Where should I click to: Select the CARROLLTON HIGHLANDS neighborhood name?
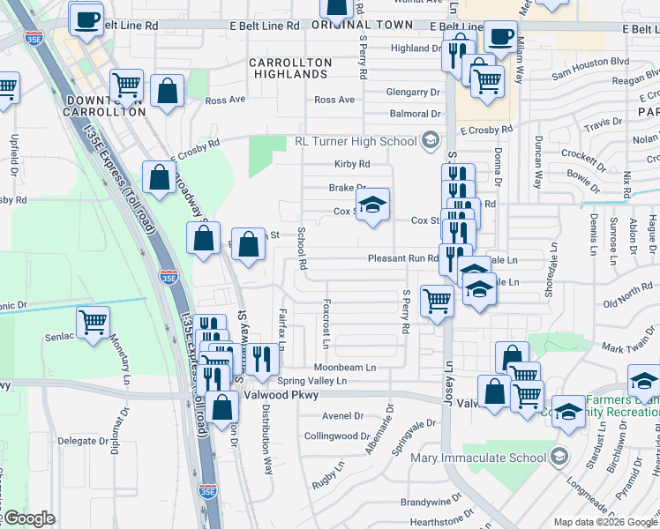[290, 69]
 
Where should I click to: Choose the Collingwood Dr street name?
[336, 436]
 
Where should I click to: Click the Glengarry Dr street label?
[413, 92]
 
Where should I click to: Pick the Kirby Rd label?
[351, 164]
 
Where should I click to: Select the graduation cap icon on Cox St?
[372, 206]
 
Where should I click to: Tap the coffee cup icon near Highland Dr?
[500, 38]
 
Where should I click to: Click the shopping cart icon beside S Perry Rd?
[437, 301]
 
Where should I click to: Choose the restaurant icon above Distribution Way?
[261, 358]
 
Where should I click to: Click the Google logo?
[29, 518]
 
